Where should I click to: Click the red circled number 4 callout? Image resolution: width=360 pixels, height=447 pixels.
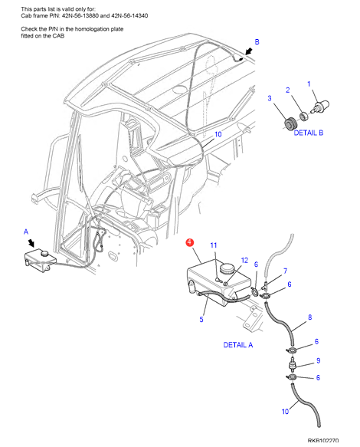(189, 242)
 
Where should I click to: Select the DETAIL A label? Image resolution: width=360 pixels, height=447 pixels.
(238, 345)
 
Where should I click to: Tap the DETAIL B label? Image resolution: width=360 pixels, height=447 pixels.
(309, 133)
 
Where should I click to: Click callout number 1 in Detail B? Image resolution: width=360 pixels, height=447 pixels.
(309, 84)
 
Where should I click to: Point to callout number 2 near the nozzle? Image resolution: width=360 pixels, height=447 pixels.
(288, 90)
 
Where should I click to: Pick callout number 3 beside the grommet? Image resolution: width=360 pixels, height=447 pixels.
(270, 98)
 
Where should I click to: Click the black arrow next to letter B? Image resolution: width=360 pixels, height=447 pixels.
(249, 51)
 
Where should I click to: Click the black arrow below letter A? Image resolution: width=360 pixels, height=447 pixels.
(31, 243)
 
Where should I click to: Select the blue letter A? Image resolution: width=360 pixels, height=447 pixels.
(26, 232)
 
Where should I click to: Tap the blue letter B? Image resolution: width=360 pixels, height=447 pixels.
(257, 42)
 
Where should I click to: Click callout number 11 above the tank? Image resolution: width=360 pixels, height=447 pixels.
(214, 245)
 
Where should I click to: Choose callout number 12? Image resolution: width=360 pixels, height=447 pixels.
(244, 260)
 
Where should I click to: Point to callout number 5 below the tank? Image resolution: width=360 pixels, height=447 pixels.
(201, 320)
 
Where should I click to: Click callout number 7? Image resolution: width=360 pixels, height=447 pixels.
(285, 271)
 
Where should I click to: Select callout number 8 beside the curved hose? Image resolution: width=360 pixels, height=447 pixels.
(310, 317)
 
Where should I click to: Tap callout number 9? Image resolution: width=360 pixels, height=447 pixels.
(319, 360)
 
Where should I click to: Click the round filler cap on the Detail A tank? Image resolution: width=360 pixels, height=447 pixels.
(227, 268)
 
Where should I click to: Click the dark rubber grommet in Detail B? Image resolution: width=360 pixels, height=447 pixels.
(291, 123)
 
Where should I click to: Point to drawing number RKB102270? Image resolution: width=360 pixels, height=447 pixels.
(323, 441)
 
